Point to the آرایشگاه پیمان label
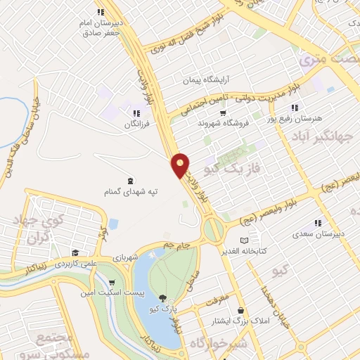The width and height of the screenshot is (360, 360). point(208,81)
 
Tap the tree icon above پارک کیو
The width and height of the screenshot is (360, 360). point(164,297)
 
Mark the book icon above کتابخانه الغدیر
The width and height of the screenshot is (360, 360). point(243,240)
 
